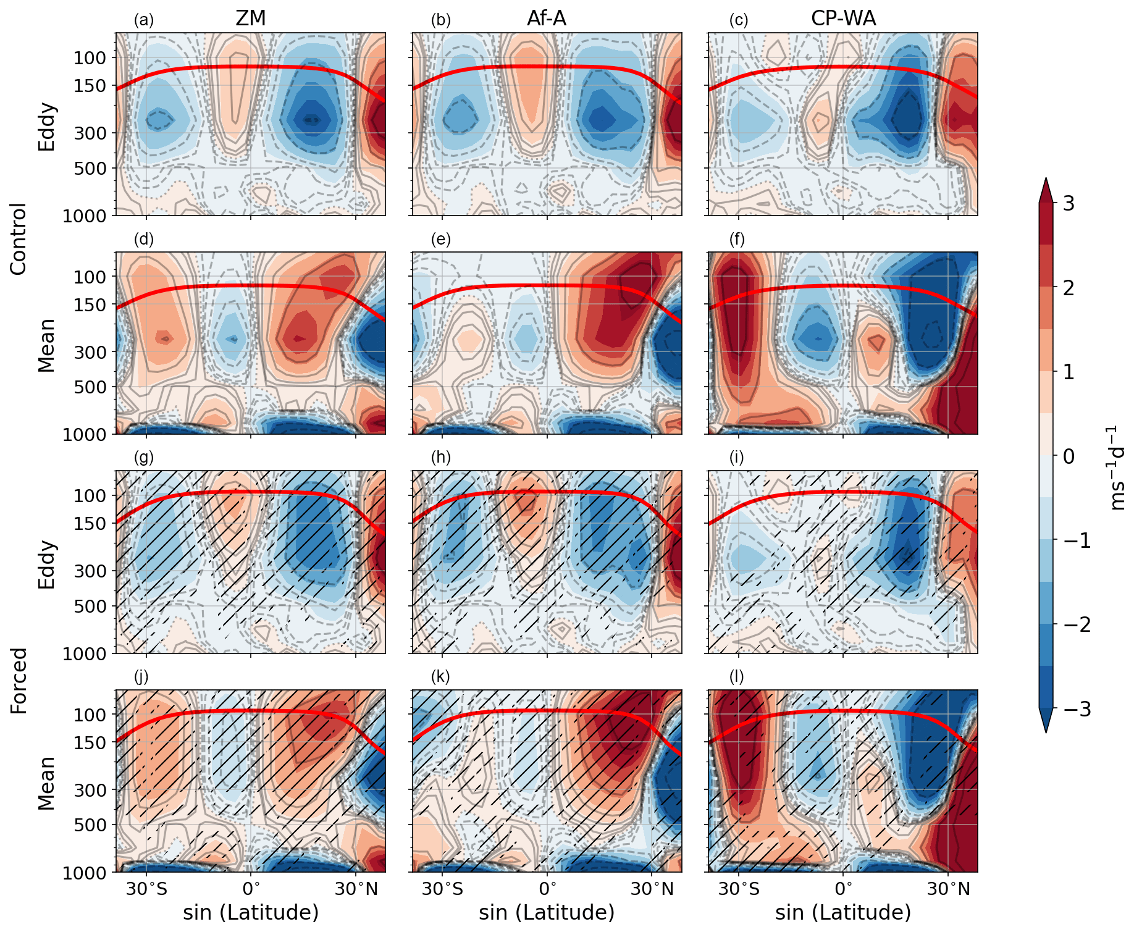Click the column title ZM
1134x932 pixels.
click(x=251, y=19)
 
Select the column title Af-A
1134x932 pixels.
click(x=547, y=19)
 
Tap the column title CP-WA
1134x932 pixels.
click(x=843, y=19)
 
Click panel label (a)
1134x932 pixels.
click(x=144, y=20)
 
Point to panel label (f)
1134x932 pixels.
click(x=737, y=240)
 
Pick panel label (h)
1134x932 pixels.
click(x=441, y=458)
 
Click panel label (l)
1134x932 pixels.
click(x=737, y=677)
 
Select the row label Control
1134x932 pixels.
click(x=19, y=239)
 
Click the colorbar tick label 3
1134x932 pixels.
click(x=1068, y=203)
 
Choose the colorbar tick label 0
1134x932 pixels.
click(x=1068, y=456)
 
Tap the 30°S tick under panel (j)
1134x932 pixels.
click(x=146, y=890)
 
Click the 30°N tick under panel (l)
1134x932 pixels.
click(x=949, y=890)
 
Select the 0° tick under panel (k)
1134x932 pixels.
click(x=547, y=890)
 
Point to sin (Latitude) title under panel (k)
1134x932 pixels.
click(x=547, y=912)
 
